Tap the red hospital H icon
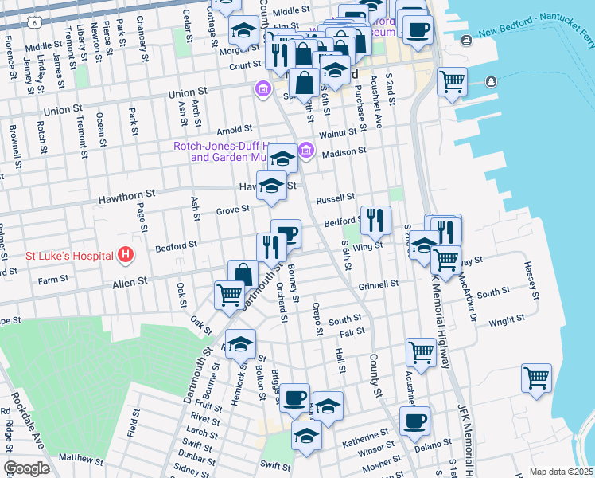click(x=125, y=256)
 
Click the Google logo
click(x=26, y=468)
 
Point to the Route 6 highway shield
click(x=35, y=24)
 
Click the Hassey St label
click(x=531, y=280)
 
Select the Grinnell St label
click(x=377, y=284)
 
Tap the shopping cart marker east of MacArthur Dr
click(x=536, y=377)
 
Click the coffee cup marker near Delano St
click(x=414, y=420)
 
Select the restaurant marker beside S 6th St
click(x=375, y=219)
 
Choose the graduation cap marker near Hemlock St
click(x=240, y=343)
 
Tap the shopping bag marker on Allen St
click(x=243, y=275)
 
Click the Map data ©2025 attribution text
click(x=561, y=472)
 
